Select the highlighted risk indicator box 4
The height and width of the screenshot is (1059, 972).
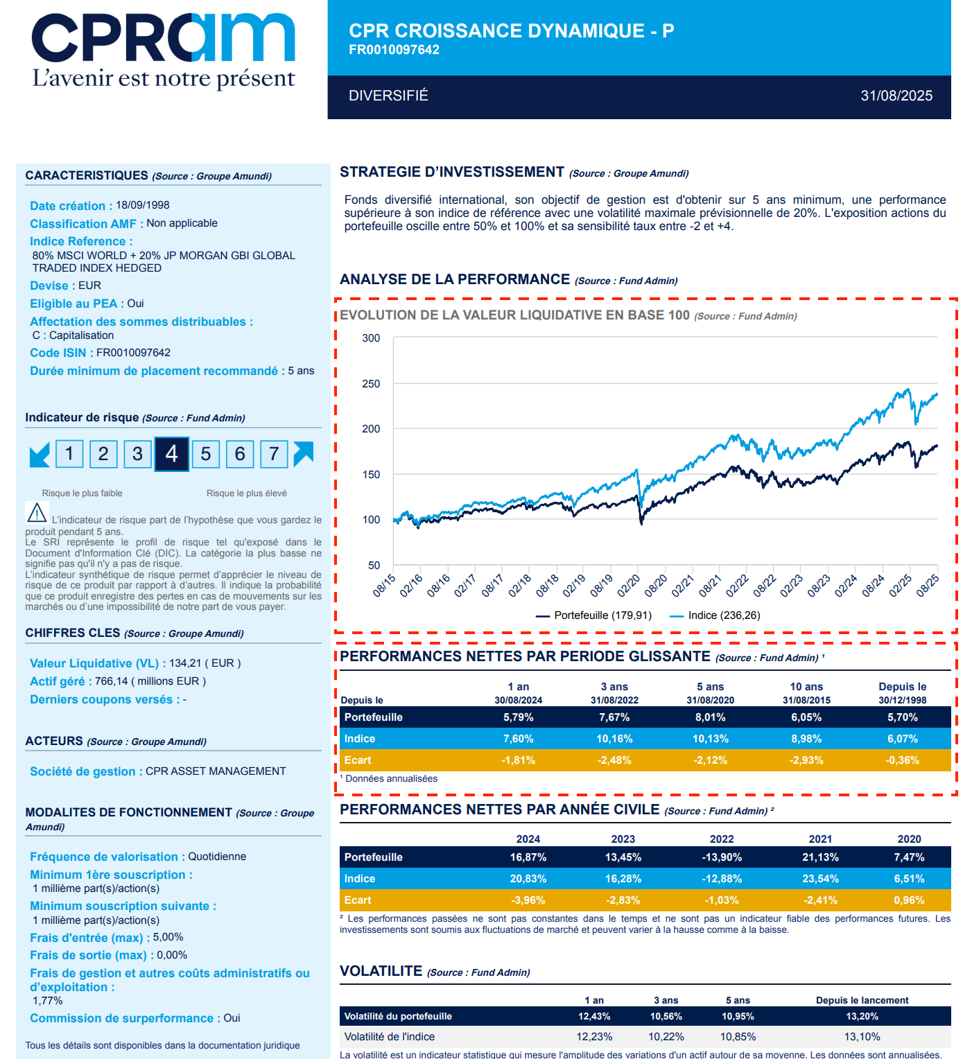[x=171, y=454]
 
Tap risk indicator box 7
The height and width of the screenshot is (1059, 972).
[x=274, y=454]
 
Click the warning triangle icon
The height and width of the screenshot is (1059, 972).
[x=37, y=513]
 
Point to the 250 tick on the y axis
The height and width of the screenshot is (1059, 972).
[x=371, y=384]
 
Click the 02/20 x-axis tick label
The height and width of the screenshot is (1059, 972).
[x=629, y=586]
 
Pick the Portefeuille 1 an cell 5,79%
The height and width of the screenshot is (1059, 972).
[x=518, y=717]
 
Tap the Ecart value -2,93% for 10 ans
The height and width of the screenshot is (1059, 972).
[x=806, y=760]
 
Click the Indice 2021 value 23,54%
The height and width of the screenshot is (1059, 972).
[x=820, y=879]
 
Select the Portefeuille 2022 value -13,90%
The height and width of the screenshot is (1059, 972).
[x=722, y=857]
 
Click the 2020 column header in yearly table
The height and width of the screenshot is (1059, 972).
[x=909, y=839]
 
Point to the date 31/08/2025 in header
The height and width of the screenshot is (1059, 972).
[x=896, y=96]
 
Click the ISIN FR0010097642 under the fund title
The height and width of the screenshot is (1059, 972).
[x=394, y=50]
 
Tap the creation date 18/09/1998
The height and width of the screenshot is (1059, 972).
[x=142, y=205]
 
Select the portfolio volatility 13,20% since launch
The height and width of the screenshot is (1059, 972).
[x=862, y=1016]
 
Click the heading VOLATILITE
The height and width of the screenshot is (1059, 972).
[x=381, y=971]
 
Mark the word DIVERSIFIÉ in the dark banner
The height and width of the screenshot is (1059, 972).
[x=388, y=96]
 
